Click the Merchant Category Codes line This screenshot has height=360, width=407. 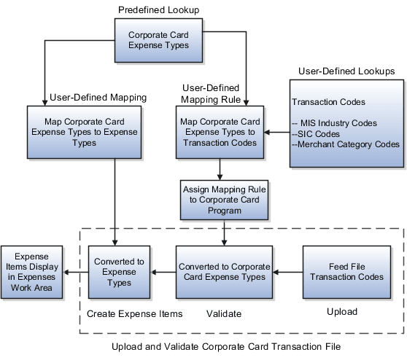coord(345,144)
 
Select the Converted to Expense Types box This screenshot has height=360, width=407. coord(120,272)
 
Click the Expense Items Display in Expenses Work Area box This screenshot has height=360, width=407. coord(32,272)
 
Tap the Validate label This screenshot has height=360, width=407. coord(223,313)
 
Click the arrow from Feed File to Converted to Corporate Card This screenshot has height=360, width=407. coord(287,273)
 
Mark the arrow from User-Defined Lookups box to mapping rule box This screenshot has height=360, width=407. coord(275,132)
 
